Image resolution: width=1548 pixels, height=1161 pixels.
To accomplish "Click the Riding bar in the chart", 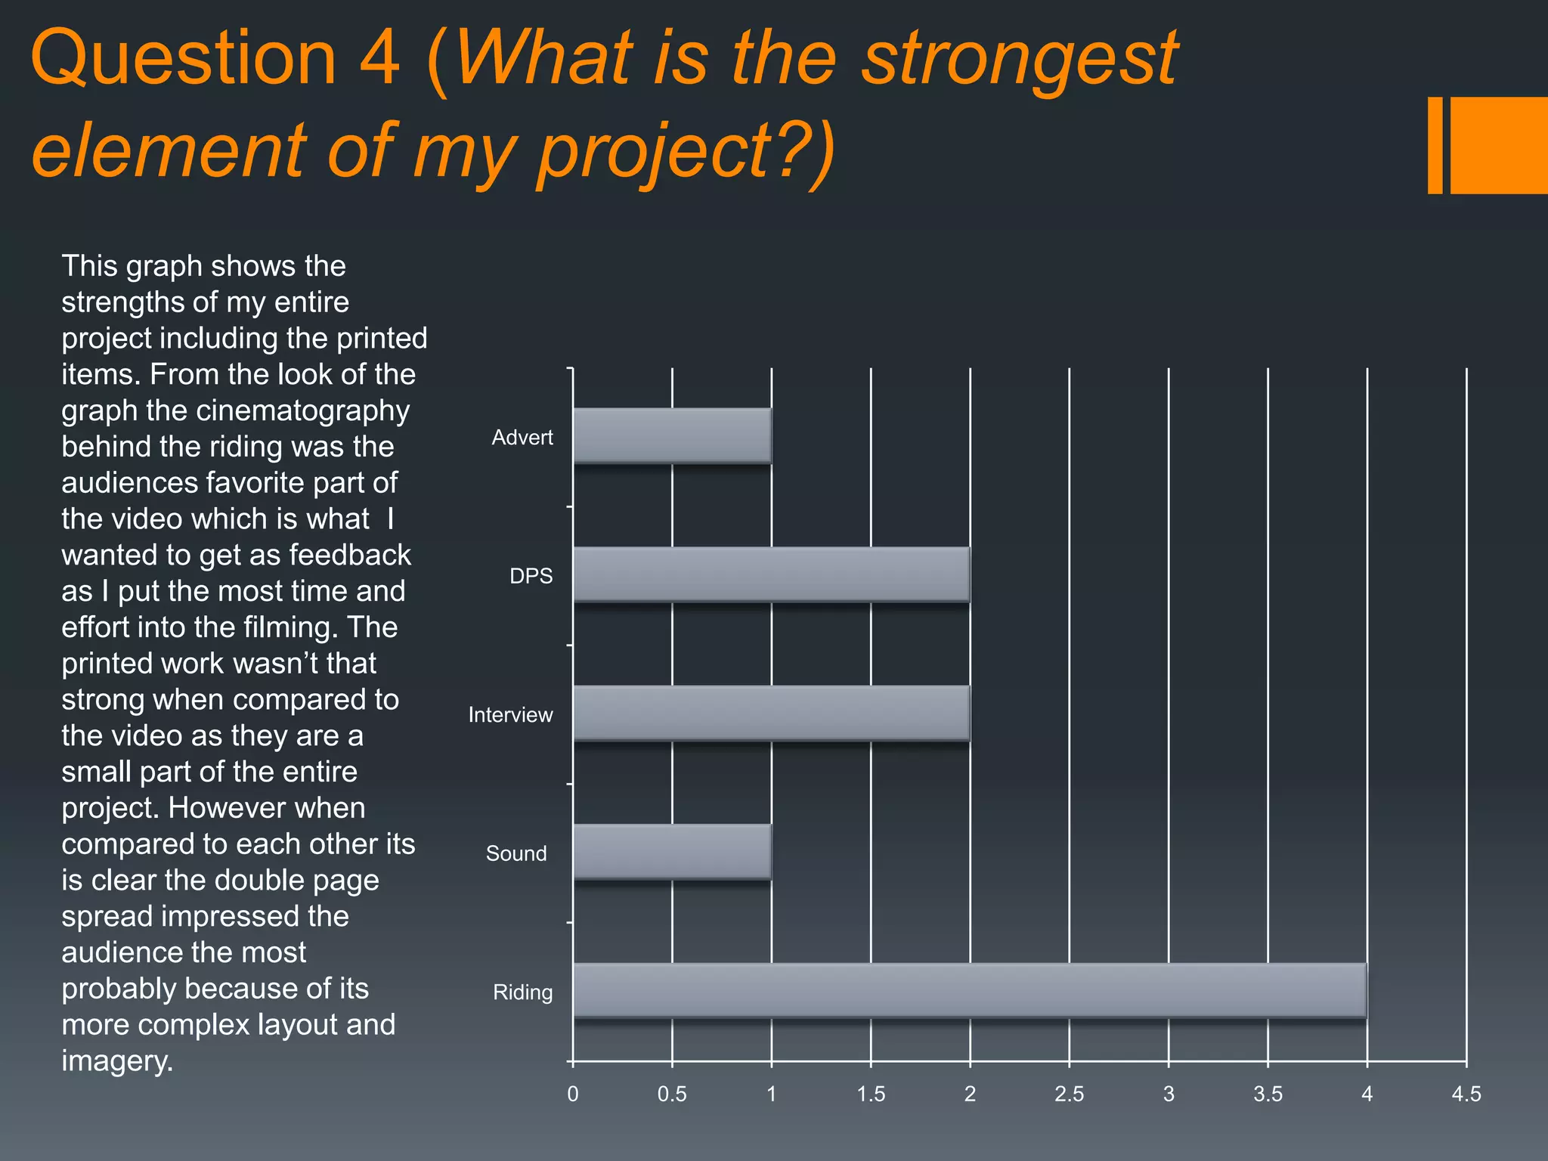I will tap(970, 990).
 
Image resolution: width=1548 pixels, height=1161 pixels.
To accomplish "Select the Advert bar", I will tap(672, 435).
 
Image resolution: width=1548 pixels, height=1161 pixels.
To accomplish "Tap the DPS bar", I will tap(771, 574).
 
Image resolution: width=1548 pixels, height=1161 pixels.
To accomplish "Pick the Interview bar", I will tap(771, 713).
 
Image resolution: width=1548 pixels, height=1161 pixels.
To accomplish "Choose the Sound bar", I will tap(672, 852).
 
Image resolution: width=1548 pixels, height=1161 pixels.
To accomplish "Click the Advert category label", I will tap(522, 438).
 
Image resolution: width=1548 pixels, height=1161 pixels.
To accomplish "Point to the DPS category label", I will tap(531, 576).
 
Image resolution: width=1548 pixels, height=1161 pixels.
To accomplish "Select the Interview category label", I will tap(510, 715).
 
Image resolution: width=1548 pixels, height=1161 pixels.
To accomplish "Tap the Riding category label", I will tap(522, 992).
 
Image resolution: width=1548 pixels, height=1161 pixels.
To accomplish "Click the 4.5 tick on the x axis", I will tap(1466, 1094).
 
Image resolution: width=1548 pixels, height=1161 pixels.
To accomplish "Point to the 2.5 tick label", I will tap(1069, 1094).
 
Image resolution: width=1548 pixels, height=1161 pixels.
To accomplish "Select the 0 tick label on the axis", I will tap(572, 1094).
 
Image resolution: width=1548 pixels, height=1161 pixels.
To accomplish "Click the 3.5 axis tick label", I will tap(1268, 1094).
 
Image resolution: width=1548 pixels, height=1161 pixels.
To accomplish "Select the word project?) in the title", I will tap(684, 151).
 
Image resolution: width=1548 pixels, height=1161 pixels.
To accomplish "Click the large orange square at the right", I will tap(1499, 145).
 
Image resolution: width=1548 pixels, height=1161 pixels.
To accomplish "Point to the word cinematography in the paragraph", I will tap(302, 410).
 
